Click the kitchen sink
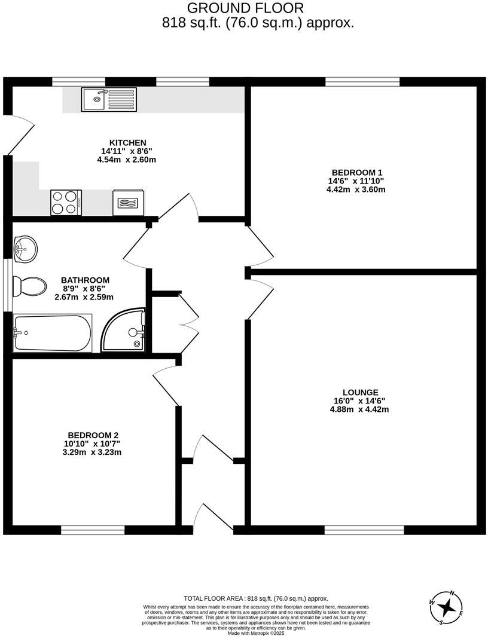click(110, 99)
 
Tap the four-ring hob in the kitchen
click(66, 202)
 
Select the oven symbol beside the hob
click(128, 203)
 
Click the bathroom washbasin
click(25, 248)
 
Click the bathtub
click(53, 333)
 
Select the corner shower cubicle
click(126, 331)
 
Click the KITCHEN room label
click(124, 143)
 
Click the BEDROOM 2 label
click(97, 435)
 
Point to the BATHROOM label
click(85, 280)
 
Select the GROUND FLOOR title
click(245, 8)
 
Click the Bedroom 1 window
click(362, 81)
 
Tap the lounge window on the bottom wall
click(364, 530)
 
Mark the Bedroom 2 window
click(93, 530)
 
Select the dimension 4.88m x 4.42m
click(359, 409)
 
